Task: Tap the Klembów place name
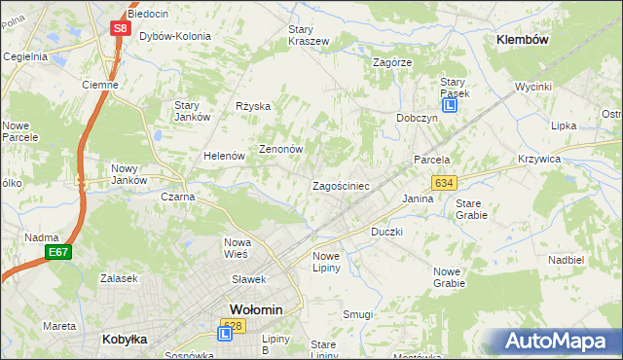click(x=523, y=40)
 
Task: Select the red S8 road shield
click(x=119, y=28)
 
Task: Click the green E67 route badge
click(x=57, y=253)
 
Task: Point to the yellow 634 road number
click(x=445, y=183)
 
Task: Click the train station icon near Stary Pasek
click(x=450, y=106)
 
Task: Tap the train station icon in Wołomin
click(x=225, y=334)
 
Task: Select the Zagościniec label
click(x=340, y=185)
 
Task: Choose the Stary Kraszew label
click(x=309, y=35)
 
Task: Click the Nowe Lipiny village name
click(x=326, y=262)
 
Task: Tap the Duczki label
click(x=386, y=233)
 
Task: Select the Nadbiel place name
click(x=566, y=261)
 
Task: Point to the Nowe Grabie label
click(x=449, y=277)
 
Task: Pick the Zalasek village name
click(x=117, y=277)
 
